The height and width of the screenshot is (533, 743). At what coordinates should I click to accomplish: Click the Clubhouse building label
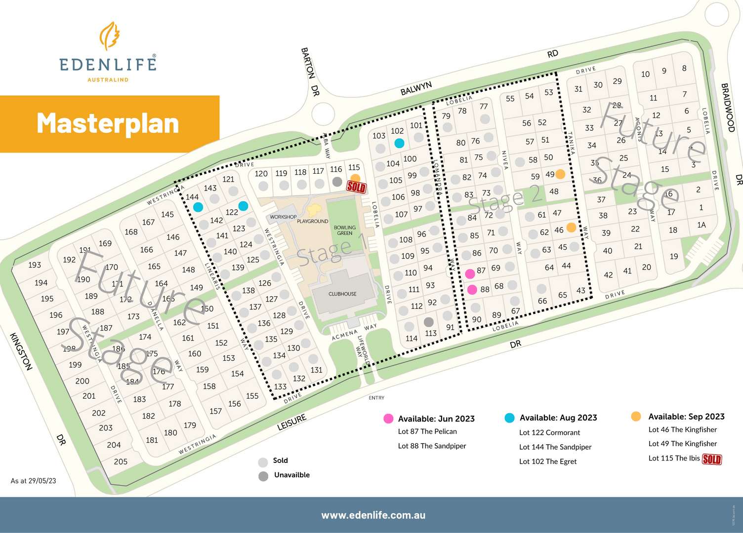pos(342,294)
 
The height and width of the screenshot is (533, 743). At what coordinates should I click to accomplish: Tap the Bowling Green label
pos(344,230)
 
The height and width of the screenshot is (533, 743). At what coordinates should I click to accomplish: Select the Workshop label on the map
pos(283,217)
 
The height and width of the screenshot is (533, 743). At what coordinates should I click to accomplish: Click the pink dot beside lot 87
pos(470,273)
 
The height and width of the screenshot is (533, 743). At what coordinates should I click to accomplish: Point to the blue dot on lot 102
pos(399,143)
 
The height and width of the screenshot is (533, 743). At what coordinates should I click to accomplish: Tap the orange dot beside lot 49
pos(560,174)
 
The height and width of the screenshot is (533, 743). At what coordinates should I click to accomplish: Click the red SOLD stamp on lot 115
pos(356,187)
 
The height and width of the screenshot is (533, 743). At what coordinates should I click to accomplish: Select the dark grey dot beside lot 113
pos(428,322)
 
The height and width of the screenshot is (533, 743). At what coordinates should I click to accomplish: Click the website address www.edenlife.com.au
pos(373,515)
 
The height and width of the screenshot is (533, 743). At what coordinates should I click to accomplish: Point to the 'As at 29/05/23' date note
pos(34,481)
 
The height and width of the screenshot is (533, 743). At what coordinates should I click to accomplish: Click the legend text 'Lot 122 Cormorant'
pos(549,433)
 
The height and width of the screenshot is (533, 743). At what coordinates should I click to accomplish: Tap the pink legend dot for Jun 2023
pos(388,419)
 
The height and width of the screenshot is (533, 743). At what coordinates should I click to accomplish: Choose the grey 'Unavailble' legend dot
pos(263,476)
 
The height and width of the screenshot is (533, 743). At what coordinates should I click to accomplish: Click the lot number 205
pos(121,461)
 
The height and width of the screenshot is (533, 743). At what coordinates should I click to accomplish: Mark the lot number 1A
pos(702,225)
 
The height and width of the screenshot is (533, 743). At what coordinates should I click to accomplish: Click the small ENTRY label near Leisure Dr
pos(376,398)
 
